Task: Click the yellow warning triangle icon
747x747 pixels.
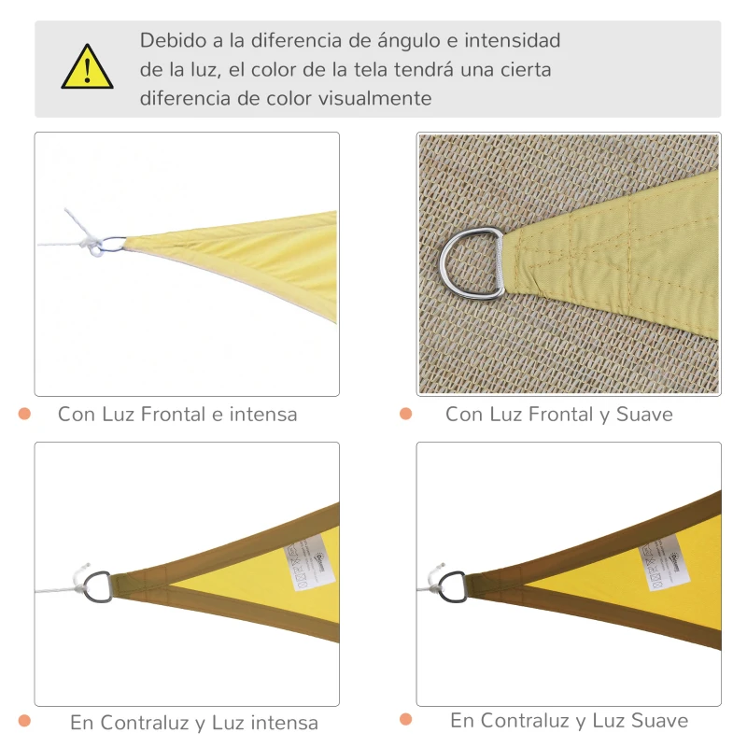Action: [87, 68]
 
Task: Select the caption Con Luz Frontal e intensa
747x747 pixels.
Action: [177, 414]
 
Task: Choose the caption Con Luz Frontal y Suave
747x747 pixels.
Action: [558, 414]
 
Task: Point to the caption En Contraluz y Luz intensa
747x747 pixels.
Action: [193, 723]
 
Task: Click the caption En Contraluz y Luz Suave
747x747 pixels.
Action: [569, 720]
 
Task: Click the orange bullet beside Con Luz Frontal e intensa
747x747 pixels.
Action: [25, 413]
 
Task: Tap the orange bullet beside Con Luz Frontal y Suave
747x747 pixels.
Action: [405, 413]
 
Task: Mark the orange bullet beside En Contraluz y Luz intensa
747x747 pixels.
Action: [25, 721]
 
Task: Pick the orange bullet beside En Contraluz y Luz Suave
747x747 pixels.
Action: [405, 719]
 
